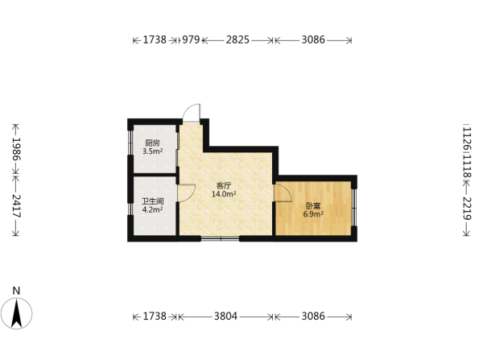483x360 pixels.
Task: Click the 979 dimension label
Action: pyautogui.click(x=191, y=39)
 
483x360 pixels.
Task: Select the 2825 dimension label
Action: pyautogui.click(x=237, y=39)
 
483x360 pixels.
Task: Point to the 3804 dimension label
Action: pyautogui.click(x=225, y=317)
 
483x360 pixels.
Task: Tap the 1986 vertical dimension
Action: pyautogui.click(x=16, y=149)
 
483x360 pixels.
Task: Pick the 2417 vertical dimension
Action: pyautogui.click(x=16, y=206)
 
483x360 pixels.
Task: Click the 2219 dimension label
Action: pyautogui.click(x=467, y=209)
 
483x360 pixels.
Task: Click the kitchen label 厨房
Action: pyautogui.click(x=152, y=143)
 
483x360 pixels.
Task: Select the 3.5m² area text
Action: pyautogui.click(x=152, y=151)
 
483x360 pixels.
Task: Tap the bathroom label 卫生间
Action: pyautogui.click(x=153, y=201)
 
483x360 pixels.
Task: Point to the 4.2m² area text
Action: pyautogui.click(x=152, y=209)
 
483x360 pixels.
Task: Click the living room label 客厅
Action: pyautogui.click(x=224, y=185)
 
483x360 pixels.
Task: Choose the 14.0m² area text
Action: pyautogui.click(x=224, y=194)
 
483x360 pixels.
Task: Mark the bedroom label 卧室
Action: pyautogui.click(x=313, y=205)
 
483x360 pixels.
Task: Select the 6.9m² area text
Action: pyautogui.click(x=313, y=214)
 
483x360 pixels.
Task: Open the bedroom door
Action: pyautogui.click(x=283, y=193)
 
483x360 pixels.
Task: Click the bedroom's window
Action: pyautogui.click(x=354, y=208)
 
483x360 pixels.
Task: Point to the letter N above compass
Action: pyautogui.click(x=16, y=291)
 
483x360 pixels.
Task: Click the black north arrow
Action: pyautogui.click(x=16, y=312)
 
